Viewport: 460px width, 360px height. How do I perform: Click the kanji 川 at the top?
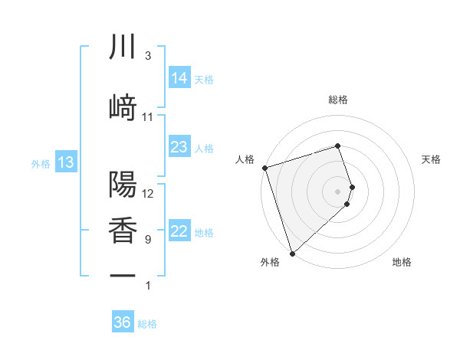pyautogui.click(x=123, y=47)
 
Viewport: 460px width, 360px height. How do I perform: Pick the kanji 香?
pyautogui.click(x=123, y=229)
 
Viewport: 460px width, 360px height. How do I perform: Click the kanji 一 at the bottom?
pyautogui.click(x=123, y=275)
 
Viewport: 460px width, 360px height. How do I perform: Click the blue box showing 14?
pyautogui.click(x=179, y=78)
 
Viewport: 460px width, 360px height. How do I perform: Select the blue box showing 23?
pyautogui.click(x=179, y=147)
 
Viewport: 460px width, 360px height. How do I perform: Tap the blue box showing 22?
pyautogui.click(x=179, y=232)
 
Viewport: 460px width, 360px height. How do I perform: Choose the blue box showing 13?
pyautogui.click(x=65, y=162)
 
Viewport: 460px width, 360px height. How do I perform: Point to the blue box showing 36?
pyautogui.click(x=123, y=322)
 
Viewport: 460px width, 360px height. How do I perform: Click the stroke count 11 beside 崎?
pyautogui.click(x=148, y=117)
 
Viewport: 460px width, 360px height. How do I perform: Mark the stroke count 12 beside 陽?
pyautogui.click(x=148, y=193)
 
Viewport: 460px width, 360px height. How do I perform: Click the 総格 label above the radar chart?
pyautogui.click(x=338, y=100)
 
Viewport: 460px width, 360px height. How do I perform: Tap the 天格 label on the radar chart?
pyautogui.click(x=432, y=159)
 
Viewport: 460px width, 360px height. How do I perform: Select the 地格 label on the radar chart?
pyautogui.click(x=402, y=263)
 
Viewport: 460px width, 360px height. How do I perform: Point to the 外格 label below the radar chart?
pyautogui.click(x=270, y=263)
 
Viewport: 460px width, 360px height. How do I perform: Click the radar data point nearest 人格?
pyautogui.click(x=264, y=168)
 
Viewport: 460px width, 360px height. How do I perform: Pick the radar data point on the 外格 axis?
pyautogui.click(x=291, y=253)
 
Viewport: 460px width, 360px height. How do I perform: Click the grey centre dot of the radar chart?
pyautogui.click(x=338, y=191)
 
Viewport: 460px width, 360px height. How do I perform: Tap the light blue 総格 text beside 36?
pyautogui.click(x=147, y=324)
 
